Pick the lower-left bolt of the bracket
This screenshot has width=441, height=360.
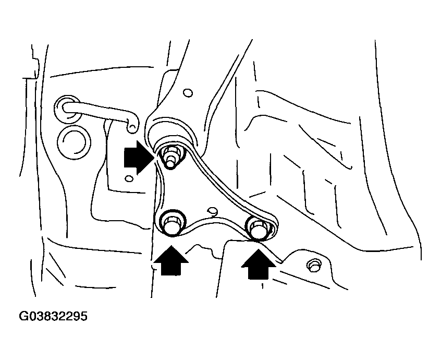coord(170,223)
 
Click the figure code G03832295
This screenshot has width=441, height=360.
coord(53,317)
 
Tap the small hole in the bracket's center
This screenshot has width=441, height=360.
coord(211,211)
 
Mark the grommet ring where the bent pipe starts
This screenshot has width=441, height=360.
coord(66,107)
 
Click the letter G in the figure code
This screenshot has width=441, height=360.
coord(24,317)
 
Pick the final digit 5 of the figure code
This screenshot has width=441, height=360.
coord(83,317)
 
